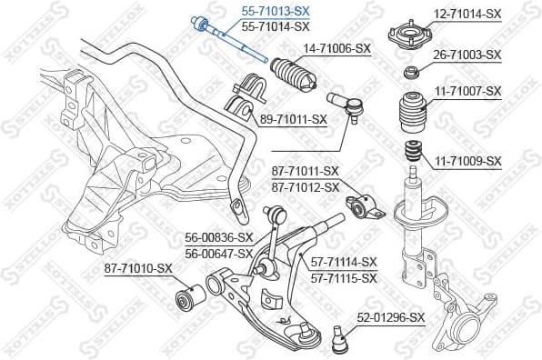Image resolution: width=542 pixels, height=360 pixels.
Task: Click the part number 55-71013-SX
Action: (275, 12)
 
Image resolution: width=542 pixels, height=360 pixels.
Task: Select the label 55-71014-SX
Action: (275, 26)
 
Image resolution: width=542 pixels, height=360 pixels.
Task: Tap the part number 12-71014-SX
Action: (467, 14)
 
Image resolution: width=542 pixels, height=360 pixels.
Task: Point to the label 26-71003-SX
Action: (467, 55)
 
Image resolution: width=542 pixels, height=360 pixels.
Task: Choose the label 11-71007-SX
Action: (467, 91)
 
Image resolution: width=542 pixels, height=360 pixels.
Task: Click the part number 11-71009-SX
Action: (467, 161)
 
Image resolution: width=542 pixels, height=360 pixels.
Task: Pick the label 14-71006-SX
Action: (337, 48)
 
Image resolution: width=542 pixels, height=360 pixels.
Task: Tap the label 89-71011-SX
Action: (293, 119)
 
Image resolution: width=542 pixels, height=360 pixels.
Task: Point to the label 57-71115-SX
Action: (343, 277)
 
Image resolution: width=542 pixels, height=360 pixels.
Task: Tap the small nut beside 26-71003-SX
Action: (410, 73)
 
